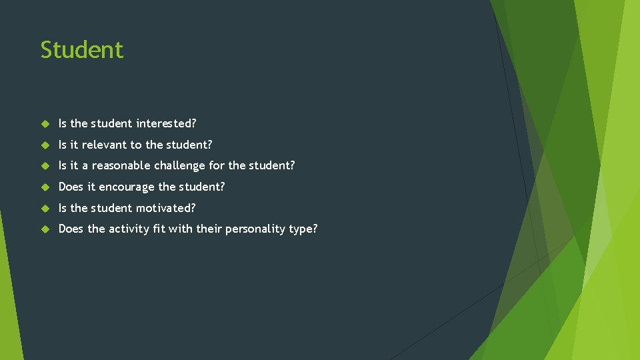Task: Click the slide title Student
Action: pyautogui.click(x=82, y=50)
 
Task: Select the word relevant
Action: pyautogui.click(x=105, y=145)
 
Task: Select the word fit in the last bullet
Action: pyautogui.click(x=166, y=229)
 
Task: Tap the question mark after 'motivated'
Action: pyautogui.click(x=193, y=208)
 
